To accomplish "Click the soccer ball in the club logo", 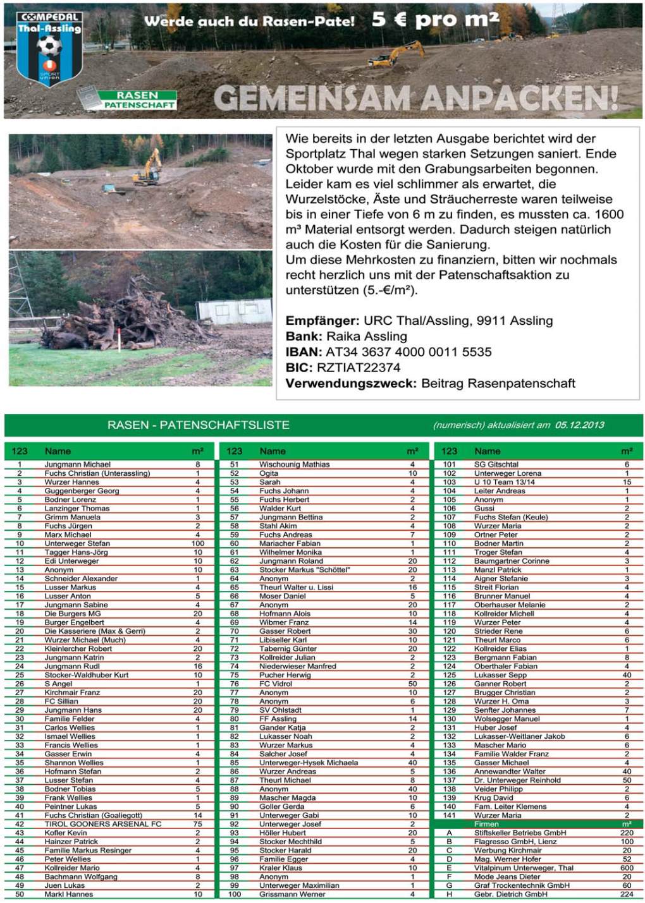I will pyautogui.click(x=47, y=45).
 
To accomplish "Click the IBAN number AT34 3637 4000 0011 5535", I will pyautogui.click(x=408, y=352).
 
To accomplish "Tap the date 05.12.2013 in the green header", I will pyautogui.click(x=579, y=425).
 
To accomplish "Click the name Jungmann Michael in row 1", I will pyautogui.click(x=77, y=464).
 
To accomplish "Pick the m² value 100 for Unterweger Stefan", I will pyautogui.click(x=197, y=543).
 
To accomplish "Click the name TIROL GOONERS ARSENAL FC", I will pyautogui.click(x=103, y=824).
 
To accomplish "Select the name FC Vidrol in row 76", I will pyautogui.click(x=276, y=684).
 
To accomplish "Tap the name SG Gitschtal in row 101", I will pyautogui.click(x=496, y=464).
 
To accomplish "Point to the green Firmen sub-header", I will pyautogui.click(x=486, y=824).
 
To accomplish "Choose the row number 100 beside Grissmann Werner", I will pyautogui.click(x=235, y=894).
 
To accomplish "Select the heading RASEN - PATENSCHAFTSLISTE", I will pyautogui.click(x=198, y=425).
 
